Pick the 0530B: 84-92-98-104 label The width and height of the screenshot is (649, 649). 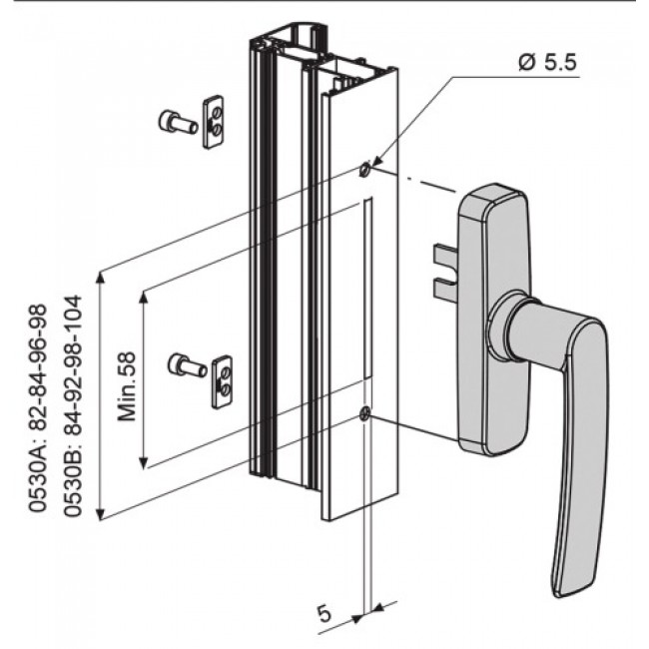(x=72, y=408)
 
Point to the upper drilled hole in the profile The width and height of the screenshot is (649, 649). (x=364, y=170)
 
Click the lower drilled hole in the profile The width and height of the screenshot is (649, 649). (x=365, y=413)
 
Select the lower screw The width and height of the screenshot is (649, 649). (x=187, y=365)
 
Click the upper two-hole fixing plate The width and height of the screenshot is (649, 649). (x=213, y=121)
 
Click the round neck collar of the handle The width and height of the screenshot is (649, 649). (x=509, y=328)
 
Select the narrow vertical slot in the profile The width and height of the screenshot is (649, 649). (x=366, y=290)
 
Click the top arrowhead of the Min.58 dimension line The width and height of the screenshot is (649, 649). (x=146, y=297)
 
